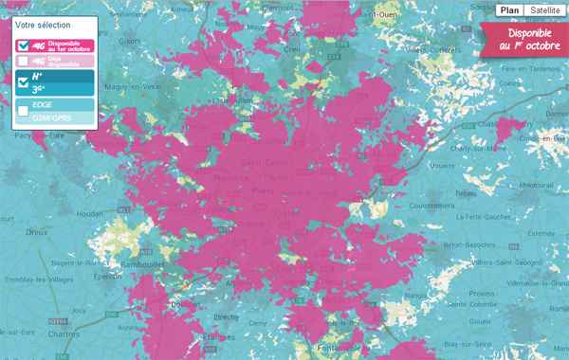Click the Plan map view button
[x=508, y=10]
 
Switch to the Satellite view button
[x=543, y=10]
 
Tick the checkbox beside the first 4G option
[x=24, y=45]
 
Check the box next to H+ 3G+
[x=24, y=81]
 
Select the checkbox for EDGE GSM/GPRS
[x=24, y=111]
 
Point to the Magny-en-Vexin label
[x=130, y=87]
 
